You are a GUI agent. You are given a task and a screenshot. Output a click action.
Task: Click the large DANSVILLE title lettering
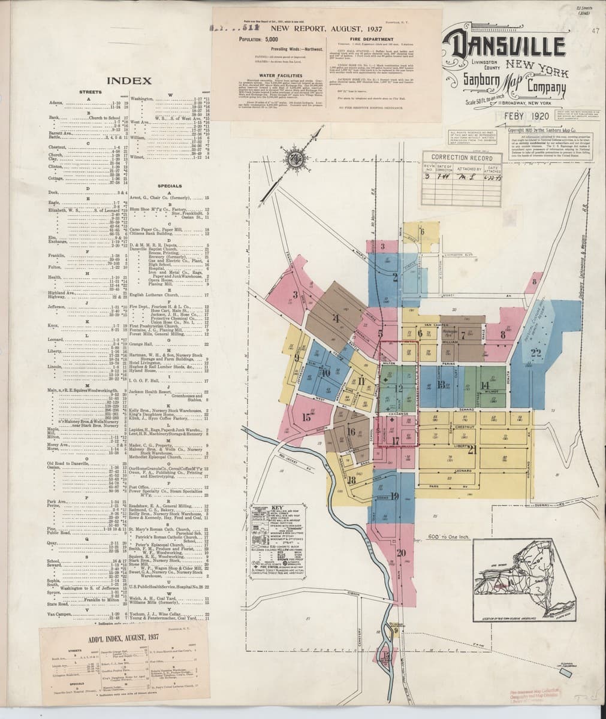coord(505,46)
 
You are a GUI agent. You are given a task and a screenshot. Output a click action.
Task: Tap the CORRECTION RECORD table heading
coord(466,158)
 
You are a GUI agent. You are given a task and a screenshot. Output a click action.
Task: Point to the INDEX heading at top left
coord(128,80)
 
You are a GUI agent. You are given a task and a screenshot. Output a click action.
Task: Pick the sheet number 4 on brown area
coord(336,319)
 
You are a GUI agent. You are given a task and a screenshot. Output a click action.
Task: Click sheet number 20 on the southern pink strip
coord(401,552)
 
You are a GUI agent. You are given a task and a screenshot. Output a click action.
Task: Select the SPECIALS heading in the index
coord(170,186)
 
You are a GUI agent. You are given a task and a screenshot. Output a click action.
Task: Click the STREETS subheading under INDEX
coord(91,92)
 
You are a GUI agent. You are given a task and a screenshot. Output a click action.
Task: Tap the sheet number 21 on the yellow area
coord(471,450)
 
